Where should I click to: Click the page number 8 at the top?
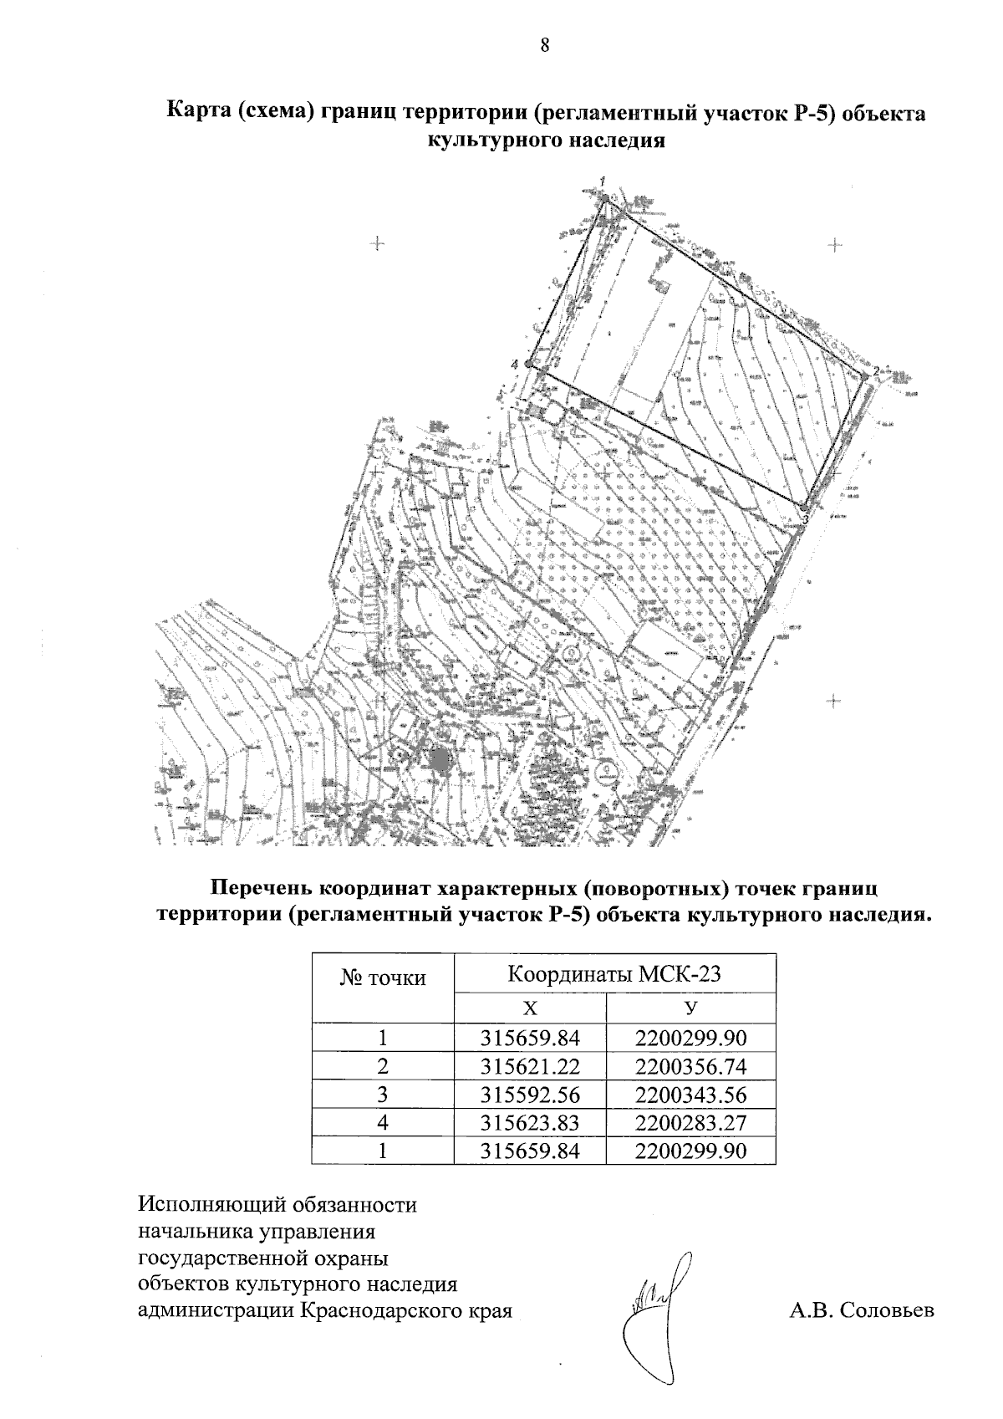coord(544,45)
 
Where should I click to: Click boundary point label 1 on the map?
coord(602,181)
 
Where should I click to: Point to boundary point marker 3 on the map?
coord(803,508)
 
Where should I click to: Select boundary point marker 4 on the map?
coord(540,365)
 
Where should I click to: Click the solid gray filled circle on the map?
coord(439,759)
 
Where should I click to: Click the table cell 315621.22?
coord(530,1066)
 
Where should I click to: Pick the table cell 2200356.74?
coord(690,1066)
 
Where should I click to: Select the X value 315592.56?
coord(530,1095)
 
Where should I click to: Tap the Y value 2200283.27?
coord(690,1122)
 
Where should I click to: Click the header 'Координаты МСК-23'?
coord(614,973)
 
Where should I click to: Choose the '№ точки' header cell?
coord(383,977)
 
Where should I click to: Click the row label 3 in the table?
coord(383,1095)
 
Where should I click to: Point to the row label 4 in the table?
coord(383,1122)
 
